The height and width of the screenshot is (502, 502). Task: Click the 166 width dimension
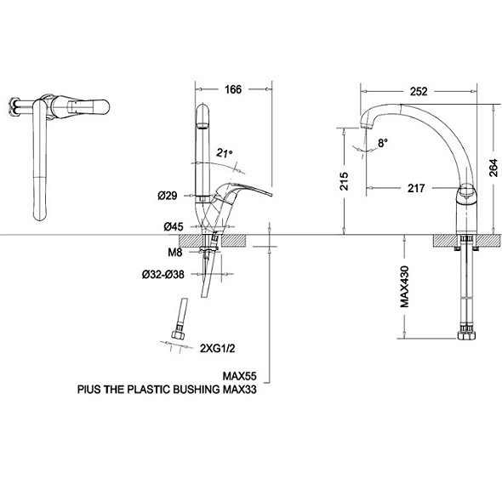point(233,89)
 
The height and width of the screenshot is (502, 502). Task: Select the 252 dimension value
point(419,92)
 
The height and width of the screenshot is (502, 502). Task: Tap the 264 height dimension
point(493,168)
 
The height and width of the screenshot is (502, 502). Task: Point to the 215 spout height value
point(344,181)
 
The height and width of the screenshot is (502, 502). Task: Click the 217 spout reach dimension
point(416,188)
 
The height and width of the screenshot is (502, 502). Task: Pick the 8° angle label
point(382,142)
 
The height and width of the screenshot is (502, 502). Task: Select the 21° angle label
point(224,153)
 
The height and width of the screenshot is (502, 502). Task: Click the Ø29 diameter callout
point(167,196)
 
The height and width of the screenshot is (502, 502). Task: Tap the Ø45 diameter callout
point(174,226)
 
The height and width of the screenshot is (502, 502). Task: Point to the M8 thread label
point(174,253)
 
